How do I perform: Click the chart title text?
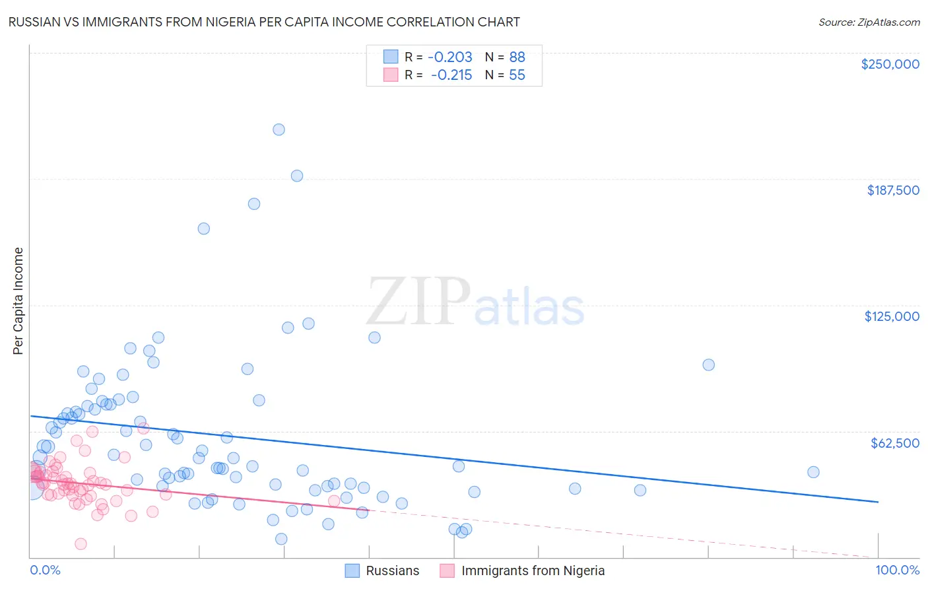click(264, 22)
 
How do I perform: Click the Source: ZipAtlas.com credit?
click(869, 22)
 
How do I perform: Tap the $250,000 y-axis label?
click(890, 64)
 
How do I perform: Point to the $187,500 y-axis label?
click(892, 190)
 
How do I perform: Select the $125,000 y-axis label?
click(892, 316)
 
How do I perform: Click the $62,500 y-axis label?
click(894, 443)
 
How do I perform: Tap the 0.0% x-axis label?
click(45, 570)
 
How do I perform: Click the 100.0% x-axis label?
click(897, 570)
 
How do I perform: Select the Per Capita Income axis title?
click(18, 301)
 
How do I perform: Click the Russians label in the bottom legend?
click(392, 571)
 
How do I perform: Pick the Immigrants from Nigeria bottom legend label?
click(533, 571)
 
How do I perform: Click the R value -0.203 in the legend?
click(450, 57)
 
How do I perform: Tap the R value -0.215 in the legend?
click(451, 75)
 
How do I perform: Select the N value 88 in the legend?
click(517, 57)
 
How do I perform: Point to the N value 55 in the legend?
click(517, 75)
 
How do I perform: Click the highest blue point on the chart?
click(279, 129)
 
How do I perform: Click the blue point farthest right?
click(813, 472)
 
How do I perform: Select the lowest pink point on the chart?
click(81, 544)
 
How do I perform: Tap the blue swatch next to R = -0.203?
click(391, 57)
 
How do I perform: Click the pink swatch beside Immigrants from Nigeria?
click(447, 571)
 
